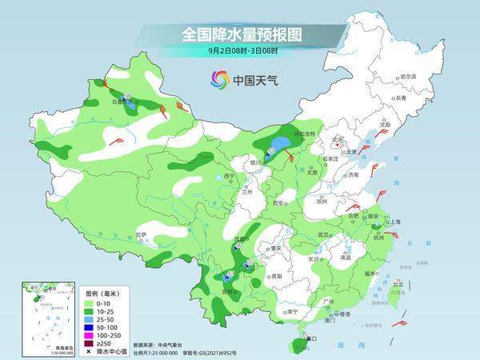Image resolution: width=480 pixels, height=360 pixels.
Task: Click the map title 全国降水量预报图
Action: tap(239, 34)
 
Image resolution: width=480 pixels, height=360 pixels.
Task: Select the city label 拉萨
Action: tap(142, 234)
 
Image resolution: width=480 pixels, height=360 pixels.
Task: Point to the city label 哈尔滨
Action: tap(409, 75)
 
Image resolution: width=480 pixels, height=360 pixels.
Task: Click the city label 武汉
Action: tap(324, 234)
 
